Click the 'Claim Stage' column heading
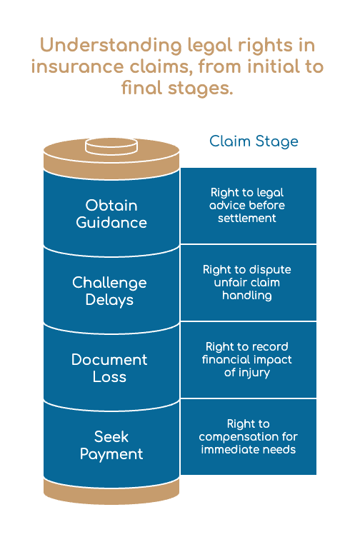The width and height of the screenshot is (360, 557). coord(254,141)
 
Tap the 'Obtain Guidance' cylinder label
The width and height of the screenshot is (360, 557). coord(111,214)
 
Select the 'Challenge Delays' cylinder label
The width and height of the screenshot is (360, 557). coord(109,291)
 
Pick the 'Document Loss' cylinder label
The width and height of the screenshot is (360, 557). coord(109,368)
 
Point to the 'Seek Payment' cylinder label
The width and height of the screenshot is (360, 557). coord(111,446)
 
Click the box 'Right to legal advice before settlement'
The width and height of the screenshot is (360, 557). coord(249,206)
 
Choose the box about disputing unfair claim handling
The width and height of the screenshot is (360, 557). coord(249,283)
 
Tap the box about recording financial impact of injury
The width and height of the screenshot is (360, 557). coord(249,360)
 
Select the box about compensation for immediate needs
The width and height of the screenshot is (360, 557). coord(249,437)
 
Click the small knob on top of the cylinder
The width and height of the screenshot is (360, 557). coord(111,146)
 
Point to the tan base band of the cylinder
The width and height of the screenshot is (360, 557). coord(111,491)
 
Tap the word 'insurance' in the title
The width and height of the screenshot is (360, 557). coord(77,66)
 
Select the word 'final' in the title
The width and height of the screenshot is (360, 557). coord(143,87)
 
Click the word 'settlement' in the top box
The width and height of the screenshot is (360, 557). coord(247,218)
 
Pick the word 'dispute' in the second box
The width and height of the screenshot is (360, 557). coord(270,270)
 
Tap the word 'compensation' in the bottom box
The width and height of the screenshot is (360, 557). coord(238,437)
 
